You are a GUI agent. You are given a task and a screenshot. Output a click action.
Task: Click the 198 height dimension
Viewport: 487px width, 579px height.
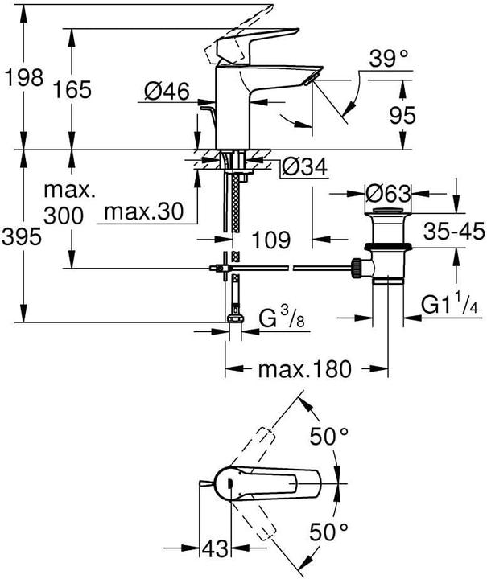(23, 78)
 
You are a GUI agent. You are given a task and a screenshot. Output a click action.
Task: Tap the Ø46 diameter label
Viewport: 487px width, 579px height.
(167, 94)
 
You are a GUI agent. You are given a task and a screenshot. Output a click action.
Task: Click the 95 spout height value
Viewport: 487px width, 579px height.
(399, 115)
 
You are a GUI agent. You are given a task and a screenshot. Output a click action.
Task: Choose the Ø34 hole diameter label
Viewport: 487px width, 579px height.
(303, 167)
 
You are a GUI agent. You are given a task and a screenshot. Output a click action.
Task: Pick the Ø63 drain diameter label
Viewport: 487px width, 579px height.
(388, 194)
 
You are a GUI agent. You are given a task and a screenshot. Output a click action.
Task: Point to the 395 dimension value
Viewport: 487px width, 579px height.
(23, 238)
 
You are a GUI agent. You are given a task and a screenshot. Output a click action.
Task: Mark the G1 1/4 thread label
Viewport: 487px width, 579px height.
(452, 306)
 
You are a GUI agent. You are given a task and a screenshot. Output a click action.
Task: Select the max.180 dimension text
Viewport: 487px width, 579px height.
(305, 369)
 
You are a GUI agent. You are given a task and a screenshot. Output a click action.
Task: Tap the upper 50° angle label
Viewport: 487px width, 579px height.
(330, 438)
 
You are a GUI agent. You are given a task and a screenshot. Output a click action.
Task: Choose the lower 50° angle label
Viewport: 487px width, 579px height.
(330, 531)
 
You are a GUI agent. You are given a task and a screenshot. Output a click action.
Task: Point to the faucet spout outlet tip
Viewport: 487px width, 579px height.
(312, 77)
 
